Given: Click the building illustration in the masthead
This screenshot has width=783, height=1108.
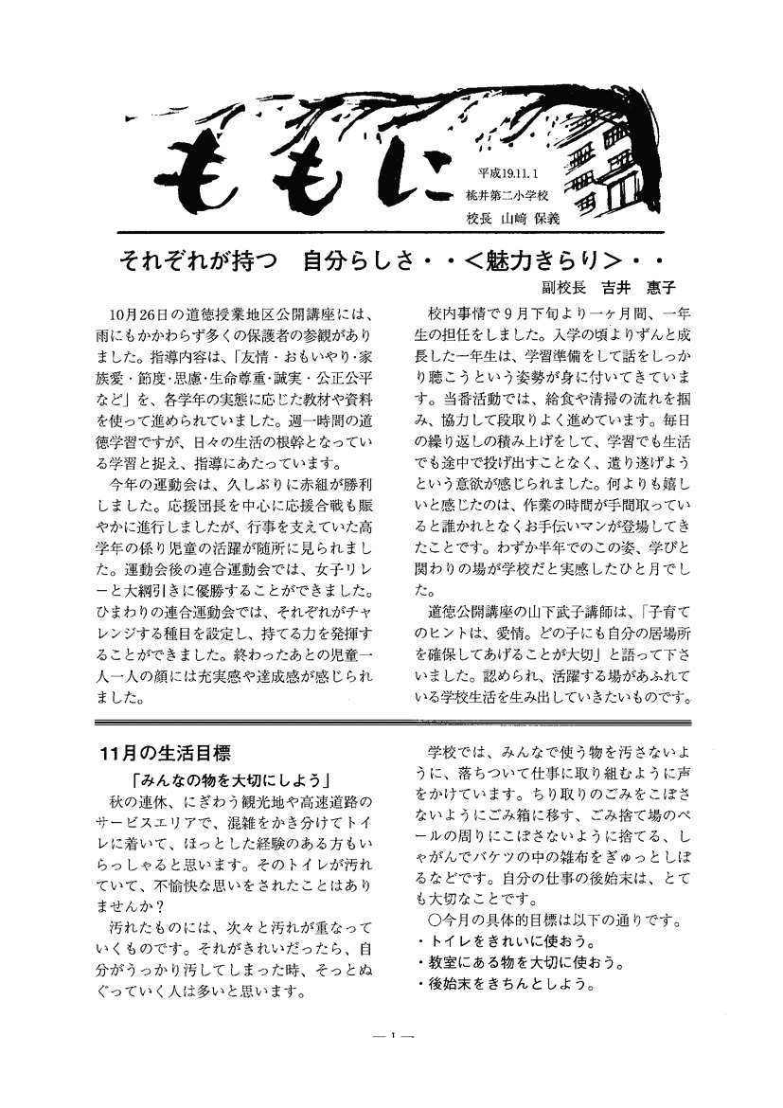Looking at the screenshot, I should [611, 161].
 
